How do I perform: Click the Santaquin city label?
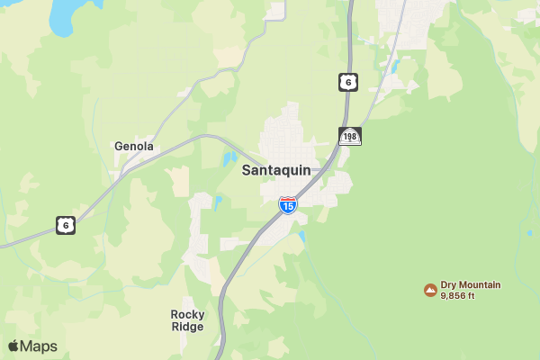[276, 170]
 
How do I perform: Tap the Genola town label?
[134, 146]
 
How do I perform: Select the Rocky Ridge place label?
[187, 320]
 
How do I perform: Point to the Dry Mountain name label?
[471, 284]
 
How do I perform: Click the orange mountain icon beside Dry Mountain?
[430, 290]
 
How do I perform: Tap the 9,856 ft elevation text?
[457, 295]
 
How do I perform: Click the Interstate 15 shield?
[287, 205]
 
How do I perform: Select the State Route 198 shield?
[350, 136]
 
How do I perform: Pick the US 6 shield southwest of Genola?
[65, 225]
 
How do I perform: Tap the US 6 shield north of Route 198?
[347, 82]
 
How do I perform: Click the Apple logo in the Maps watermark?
[13, 346]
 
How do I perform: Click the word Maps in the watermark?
[39, 346]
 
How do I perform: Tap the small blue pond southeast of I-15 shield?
[301, 237]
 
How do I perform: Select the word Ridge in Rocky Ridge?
[187, 327]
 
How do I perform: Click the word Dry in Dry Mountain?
[448, 284]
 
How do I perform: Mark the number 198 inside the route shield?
[350, 137]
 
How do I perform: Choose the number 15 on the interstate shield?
[287, 207]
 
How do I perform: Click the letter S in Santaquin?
[247, 170]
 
